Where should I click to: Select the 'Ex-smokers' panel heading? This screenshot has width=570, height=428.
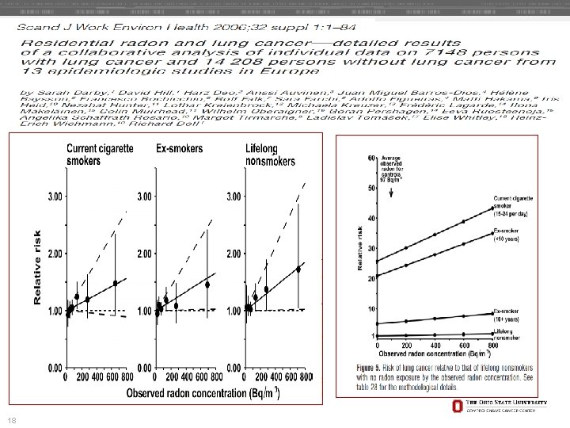coord(179,147)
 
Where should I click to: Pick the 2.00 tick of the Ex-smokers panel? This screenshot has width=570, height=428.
coord(149,254)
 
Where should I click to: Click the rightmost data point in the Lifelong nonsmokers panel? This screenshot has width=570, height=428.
coord(298,269)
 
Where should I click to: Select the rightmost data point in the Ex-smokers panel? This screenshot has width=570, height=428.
coord(207,285)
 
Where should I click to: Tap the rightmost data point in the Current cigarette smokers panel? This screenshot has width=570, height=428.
coord(116,283)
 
